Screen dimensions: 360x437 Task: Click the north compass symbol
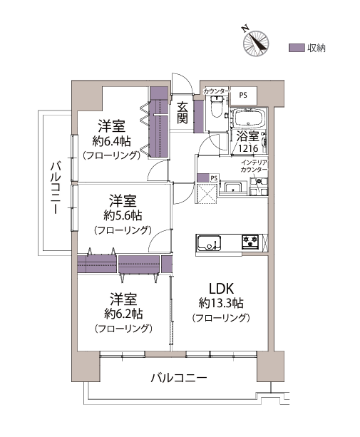[256, 43]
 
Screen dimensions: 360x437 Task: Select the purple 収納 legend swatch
[297, 48]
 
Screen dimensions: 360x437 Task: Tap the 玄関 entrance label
[182, 113]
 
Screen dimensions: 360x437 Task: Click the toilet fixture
[217, 107]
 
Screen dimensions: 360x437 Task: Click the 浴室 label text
[248, 136]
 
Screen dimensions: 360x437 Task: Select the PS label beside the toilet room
[243, 95]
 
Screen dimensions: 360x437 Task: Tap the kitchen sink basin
[210, 243]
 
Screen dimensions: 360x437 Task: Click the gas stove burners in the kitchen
[250, 242]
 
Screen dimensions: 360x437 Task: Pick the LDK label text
[221, 289]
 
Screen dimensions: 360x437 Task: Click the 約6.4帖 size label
[111, 142]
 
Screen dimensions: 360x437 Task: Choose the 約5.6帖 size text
[123, 215]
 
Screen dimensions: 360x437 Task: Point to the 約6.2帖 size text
[123, 314]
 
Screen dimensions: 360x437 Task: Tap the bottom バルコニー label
[179, 378]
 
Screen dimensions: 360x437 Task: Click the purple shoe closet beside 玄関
[198, 116]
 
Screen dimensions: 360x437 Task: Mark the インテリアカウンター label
[254, 166]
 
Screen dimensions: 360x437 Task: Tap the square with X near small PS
[207, 193]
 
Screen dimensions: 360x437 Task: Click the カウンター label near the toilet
[217, 91]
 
